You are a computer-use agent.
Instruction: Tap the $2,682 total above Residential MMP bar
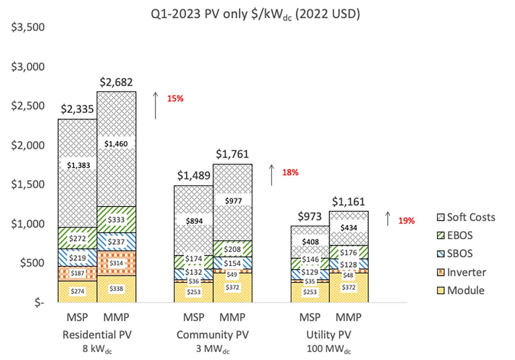(x=116, y=82)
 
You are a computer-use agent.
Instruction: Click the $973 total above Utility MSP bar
(x=310, y=216)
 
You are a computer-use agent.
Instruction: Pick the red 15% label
(x=175, y=98)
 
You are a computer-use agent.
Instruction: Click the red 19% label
(x=406, y=221)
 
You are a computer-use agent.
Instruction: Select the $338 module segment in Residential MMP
(x=116, y=289)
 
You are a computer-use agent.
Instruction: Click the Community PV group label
(x=213, y=334)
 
